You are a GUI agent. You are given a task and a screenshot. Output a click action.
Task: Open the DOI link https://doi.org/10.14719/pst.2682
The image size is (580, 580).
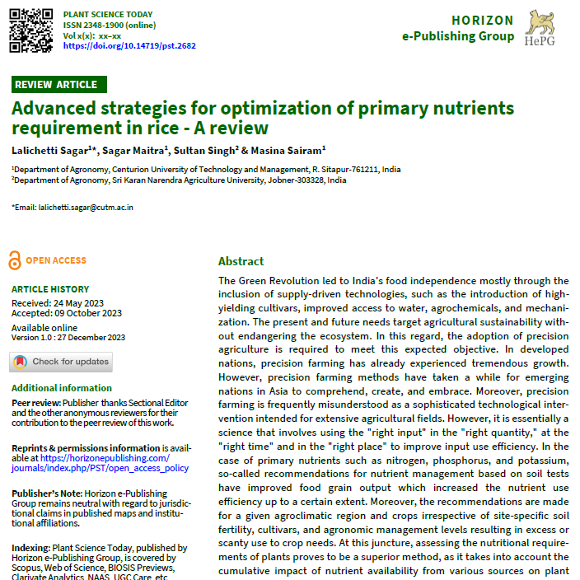[129, 46]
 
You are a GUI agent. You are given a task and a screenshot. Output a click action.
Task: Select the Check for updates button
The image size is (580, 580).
[62, 362]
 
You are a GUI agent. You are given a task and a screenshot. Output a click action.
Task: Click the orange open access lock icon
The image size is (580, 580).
[14, 260]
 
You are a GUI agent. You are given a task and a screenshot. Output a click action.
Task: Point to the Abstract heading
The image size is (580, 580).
[241, 261]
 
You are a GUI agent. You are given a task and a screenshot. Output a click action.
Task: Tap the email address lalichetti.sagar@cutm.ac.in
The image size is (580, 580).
[86, 208]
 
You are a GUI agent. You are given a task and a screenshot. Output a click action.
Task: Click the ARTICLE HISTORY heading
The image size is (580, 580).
[50, 289]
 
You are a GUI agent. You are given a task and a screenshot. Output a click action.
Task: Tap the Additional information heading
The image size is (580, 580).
[62, 388]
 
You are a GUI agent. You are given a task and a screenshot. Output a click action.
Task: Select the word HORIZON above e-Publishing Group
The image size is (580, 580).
[482, 21]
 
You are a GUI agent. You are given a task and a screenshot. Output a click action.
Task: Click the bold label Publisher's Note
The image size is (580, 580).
[44, 492]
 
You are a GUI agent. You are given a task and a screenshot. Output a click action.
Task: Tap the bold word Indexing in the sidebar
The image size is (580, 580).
[30, 548]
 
